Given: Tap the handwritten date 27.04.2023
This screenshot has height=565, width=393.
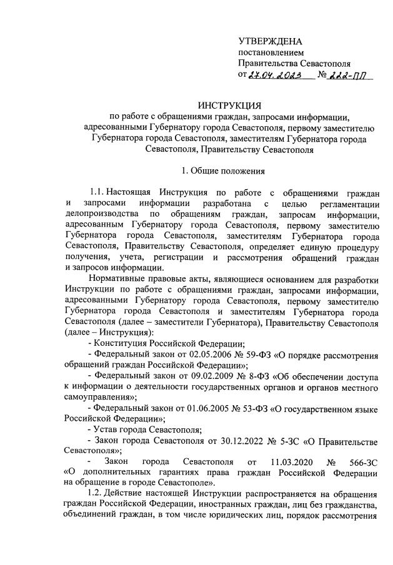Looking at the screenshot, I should [275, 75].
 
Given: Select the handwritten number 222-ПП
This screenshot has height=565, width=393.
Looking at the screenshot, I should [351, 75].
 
